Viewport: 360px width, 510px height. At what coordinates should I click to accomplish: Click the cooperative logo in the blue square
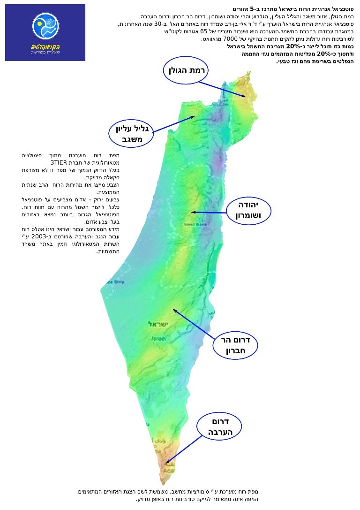pyautogui.click(x=45, y=28)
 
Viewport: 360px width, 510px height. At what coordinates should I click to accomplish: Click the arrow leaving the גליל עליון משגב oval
pyautogui.click(x=173, y=124)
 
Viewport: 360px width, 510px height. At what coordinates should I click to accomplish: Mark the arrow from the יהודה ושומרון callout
pyautogui.click(x=209, y=212)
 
